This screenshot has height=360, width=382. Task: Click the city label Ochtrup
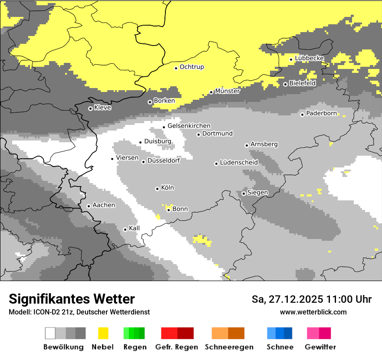(192, 67)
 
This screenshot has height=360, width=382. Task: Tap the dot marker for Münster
(211, 92)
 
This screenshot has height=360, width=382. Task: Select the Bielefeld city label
(302, 83)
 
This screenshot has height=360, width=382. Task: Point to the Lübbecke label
(309, 58)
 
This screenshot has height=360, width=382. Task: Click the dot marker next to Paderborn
(302, 115)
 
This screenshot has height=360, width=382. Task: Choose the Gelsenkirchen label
(189, 126)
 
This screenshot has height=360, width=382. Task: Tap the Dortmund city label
(217, 134)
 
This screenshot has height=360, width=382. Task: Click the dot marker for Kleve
(90, 108)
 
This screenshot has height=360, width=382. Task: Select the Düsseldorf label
(164, 160)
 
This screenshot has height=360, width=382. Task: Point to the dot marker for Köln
(157, 189)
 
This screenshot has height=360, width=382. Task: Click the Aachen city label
(104, 205)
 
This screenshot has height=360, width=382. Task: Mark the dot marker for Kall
(125, 229)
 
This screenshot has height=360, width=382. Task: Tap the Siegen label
(258, 193)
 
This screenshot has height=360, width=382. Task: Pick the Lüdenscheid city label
(239, 163)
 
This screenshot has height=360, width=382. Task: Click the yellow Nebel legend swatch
(103, 333)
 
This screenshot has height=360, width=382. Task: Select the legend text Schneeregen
(229, 347)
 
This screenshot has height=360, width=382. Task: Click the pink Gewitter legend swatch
(313, 333)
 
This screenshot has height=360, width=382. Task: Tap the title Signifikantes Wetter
(72, 299)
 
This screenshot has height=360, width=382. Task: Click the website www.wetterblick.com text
(313, 312)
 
